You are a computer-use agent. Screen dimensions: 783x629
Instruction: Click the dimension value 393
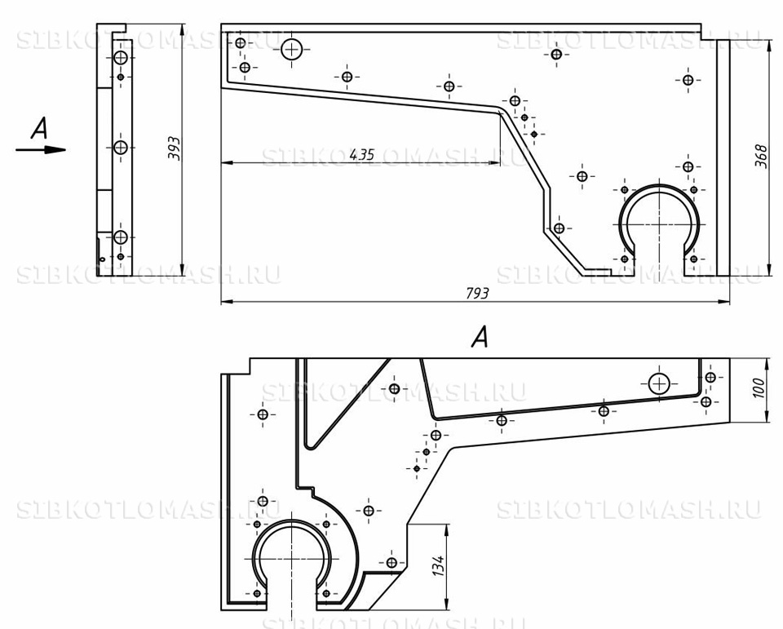pyautogui.click(x=175, y=148)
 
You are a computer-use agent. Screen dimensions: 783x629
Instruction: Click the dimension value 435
pyautogui.click(x=361, y=154)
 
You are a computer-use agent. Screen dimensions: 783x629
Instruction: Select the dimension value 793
pyautogui.click(x=477, y=293)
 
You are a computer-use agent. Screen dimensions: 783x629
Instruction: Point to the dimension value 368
pyautogui.click(x=760, y=156)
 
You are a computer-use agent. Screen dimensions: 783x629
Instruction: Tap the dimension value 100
pyautogui.click(x=758, y=388)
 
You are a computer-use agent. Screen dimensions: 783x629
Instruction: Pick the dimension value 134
pyautogui.click(x=438, y=565)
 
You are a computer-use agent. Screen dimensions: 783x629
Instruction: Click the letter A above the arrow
pyautogui.click(x=39, y=127)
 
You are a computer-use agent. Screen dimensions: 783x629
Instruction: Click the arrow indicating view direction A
pyautogui.click(x=41, y=149)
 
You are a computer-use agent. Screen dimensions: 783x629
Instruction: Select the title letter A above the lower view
pyautogui.click(x=480, y=337)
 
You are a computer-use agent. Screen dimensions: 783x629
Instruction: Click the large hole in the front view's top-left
pyautogui.click(x=292, y=50)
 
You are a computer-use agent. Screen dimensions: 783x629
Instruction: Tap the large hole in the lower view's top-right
pyautogui.click(x=660, y=383)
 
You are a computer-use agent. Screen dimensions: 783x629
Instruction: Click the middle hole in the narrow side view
pyautogui.click(x=121, y=148)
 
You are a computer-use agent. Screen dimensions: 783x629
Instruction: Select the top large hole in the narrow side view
pyautogui.click(x=121, y=58)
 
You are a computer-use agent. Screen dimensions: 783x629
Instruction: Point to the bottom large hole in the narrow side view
pyautogui.click(x=121, y=237)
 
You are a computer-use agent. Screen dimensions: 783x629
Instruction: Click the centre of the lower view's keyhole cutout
pyautogui.click(x=292, y=559)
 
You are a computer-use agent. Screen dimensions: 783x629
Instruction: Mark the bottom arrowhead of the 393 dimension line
pyautogui.click(x=181, y=270)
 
